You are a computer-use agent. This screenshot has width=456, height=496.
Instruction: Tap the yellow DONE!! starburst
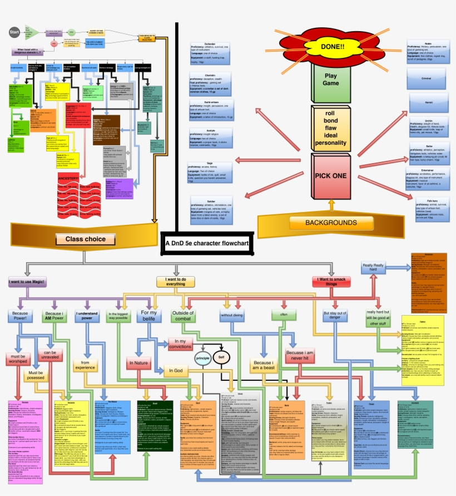click(x=333, y=46)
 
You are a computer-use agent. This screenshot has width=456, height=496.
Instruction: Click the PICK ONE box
click(x=332, y=176)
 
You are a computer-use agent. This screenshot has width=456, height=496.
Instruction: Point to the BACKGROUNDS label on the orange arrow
click(x=331, y=223)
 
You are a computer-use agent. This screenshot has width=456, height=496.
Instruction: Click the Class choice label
click(x=86, y=239)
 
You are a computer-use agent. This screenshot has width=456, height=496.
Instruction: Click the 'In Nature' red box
click(x=139, y=363)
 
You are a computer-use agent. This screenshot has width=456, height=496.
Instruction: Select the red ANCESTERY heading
click(x=76, y=178)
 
